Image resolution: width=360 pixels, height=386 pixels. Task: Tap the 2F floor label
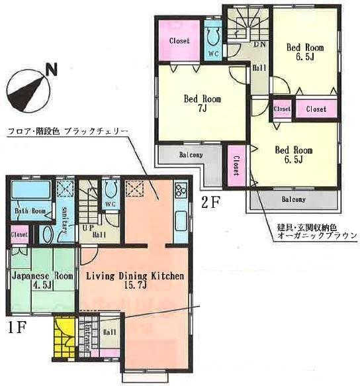210,203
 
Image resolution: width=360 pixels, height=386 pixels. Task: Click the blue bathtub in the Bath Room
30,195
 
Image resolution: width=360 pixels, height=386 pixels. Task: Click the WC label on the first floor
111,205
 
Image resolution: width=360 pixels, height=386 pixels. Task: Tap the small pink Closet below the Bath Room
19,234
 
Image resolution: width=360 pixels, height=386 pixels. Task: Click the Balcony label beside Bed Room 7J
191,156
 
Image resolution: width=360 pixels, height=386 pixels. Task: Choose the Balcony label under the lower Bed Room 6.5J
293,199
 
